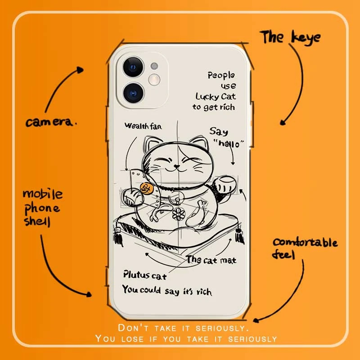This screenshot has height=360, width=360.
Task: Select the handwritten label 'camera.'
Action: tap(51, 122)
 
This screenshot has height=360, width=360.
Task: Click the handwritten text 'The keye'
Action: tap(291, 37)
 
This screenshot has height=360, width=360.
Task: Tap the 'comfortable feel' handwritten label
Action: tap(304, 248)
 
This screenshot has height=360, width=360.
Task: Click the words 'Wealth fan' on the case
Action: tap(143, 126)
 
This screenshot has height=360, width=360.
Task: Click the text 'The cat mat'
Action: tap(211, 260)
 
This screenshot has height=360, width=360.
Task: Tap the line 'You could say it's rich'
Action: tap(166, 290)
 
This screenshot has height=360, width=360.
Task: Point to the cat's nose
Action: tap(177, 167)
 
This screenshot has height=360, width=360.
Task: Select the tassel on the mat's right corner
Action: tap(239, 238)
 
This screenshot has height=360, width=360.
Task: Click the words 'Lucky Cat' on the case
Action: tap(216, 96)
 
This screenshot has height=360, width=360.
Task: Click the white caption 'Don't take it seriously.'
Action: tap(182, 327)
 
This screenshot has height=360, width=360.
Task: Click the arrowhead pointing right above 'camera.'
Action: tap(81, 70)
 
